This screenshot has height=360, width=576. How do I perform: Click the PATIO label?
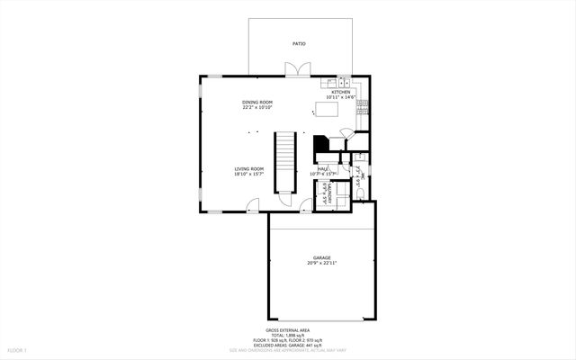pyautogui.click(x=298, y=43)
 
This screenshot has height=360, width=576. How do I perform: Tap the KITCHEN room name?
pyautogui.click(x=341, y=92)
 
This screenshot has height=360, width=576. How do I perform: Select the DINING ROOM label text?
pyautogui.click(x=257, y=103)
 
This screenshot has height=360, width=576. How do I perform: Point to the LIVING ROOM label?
pyautogui.click(x=249, y=168)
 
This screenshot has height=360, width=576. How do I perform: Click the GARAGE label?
pyautogui.click(x=322, y=257)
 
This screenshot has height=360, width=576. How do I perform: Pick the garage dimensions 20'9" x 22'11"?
pyautogui.click(x=322, y=264)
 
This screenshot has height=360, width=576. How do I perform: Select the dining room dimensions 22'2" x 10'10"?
pyautogui.click(x=257, y=108)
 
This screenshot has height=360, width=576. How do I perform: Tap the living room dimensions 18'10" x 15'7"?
pyautogui.click(x=249, y=174)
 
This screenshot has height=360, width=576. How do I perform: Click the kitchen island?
pyautogui.click(x=325, y=110)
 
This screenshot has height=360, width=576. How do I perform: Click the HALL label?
pyautogui.click(x=321, y=168)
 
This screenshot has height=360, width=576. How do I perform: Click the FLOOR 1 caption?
pyautogui.click(x=18, y=349)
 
